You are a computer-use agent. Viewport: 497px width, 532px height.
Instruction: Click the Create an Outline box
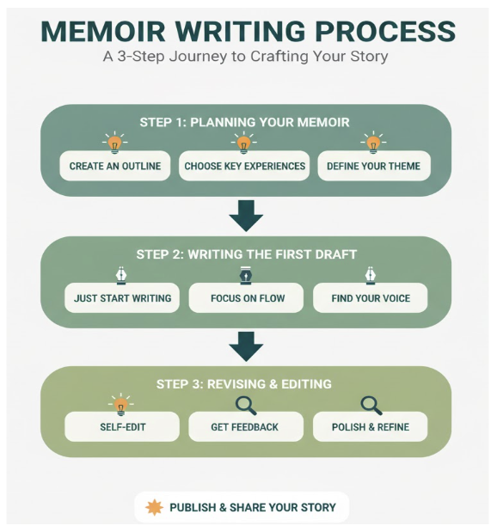click(114, 166)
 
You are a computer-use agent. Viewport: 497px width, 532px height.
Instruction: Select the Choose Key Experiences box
click(245, 166)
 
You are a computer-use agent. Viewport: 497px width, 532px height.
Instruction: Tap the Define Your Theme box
click(373, 166)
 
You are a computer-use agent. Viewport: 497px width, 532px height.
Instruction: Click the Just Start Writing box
click(122, 298)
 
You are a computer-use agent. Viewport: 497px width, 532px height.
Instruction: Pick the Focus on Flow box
click(246, 298)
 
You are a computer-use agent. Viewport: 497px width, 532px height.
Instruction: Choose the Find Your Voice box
click(370, 298)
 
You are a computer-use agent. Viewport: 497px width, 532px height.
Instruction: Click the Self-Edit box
click(121, 426)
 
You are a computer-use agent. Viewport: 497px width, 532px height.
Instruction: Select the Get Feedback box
click(245, 426)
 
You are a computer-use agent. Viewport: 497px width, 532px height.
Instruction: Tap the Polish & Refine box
click(370, 426)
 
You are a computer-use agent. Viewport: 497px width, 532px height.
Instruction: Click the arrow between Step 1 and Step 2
click(246, 215)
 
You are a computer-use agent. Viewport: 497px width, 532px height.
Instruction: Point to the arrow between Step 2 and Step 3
click(246, 346)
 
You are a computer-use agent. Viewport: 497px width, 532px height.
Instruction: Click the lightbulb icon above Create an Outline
click(114, 142)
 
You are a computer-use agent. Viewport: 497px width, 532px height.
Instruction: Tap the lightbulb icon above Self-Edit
click(121, 403)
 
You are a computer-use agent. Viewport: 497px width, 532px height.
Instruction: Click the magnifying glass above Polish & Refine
click(371, 403)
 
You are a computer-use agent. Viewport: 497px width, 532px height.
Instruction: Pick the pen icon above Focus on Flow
click(246, 274)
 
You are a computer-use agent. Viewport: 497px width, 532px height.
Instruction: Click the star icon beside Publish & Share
click(155, 507)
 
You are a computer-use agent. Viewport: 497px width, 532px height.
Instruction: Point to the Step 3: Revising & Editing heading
click(245, 383)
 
